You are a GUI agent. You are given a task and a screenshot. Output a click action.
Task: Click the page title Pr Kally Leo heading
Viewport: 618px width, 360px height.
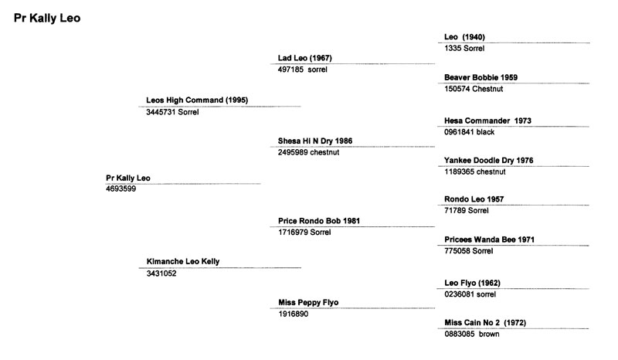pyautogui.click(x=47, y=18)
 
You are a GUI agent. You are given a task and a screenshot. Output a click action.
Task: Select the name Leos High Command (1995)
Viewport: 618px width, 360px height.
pyautogui.click(x=197, y=100)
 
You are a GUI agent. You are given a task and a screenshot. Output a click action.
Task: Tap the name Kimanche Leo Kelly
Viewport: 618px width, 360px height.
pyautogui.click(x=183, y=261)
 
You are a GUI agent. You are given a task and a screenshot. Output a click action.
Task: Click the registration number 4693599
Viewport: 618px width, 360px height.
pyautogui.click(x=121, y=188)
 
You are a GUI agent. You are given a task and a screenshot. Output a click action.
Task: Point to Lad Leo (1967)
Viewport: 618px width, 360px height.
pyautogui.click(x=304, y=58)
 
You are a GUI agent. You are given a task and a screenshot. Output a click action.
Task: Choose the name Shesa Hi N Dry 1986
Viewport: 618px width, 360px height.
pyautogui.click(x=315, y=141)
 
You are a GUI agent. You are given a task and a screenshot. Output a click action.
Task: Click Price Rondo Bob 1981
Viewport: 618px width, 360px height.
pyautogui.click(x=319, y=221)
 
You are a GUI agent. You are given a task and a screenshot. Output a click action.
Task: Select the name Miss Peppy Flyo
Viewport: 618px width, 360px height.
pyautogui.click(x=308, y=302)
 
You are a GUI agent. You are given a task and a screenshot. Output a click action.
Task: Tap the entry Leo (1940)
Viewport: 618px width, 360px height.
pyautogui.click(x=464, y=37)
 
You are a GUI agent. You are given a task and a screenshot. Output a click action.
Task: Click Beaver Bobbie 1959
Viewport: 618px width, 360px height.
pyautogui.click(x=480, y=77)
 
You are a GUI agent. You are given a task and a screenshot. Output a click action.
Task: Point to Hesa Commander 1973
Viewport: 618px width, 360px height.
pyautogui.click(x=487, y=121)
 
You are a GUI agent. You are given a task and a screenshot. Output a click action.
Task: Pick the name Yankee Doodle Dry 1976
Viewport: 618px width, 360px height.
pyautogui.click(x=489, y=161)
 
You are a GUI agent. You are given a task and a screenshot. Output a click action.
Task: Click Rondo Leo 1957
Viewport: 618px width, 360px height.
pyautogui.click(x=474, y=199)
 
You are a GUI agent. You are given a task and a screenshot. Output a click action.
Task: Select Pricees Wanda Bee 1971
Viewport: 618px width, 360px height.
pyautogui.click(x=489, y=239)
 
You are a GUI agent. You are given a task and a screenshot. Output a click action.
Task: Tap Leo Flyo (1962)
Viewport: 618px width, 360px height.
pyautogui.click(x=472, y=283)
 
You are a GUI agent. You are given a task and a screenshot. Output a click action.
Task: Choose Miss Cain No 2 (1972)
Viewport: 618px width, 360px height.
pyautogui.click(x=485, y=323)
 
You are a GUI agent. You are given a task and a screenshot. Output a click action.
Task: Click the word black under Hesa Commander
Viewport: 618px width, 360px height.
pyautogui.click(x=485, y=132)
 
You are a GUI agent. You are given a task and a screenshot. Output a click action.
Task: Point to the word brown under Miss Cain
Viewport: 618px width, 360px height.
pyautogui.click(x=489, y=334)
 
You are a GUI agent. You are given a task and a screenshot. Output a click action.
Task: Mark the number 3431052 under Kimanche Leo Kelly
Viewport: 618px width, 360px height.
pyautogui.click(x=161, y=273)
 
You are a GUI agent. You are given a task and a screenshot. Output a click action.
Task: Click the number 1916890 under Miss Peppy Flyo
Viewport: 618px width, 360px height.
pyautogui.click(x=294, y=314)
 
